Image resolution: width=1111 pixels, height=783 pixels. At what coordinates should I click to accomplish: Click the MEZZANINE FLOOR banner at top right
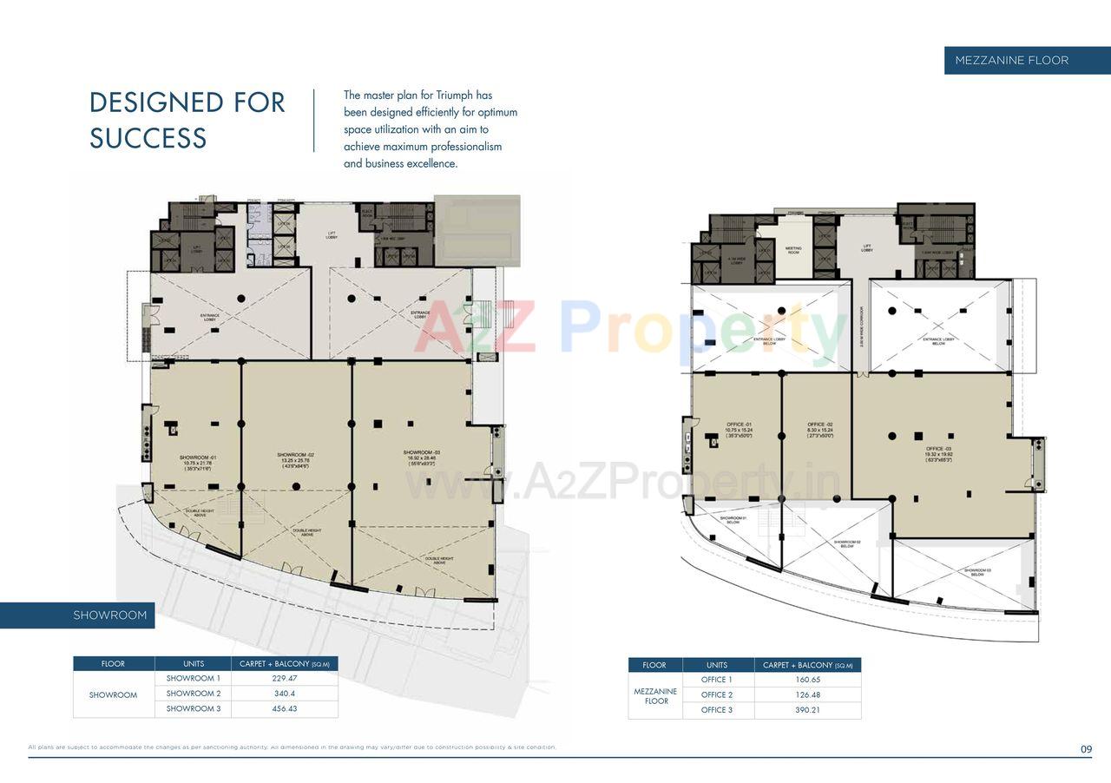point(1011,60)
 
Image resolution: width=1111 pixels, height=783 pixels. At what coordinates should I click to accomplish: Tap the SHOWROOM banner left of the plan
point(110,615)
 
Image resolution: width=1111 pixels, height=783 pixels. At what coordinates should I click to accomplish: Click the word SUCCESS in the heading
point(148,138)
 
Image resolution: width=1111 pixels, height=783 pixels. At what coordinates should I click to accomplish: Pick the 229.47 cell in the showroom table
point(284,679)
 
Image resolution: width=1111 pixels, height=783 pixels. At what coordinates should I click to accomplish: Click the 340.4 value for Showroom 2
point(284,694)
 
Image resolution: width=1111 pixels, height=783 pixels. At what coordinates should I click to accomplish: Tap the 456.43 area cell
point(284,709)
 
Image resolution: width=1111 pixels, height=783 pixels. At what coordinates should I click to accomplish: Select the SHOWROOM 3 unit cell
point(194,709)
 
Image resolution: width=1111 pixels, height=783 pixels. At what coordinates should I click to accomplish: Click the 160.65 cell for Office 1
point(807,680)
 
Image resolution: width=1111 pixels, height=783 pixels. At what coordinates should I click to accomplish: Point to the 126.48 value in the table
point(807,695)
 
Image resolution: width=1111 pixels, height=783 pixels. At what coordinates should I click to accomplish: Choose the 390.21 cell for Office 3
point(807,710)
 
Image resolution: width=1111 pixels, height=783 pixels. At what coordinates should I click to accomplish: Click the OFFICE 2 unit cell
point(717,695)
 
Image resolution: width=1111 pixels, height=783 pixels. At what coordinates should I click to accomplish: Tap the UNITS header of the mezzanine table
point(717,665)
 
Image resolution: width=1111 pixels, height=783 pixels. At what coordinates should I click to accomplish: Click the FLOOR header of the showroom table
point(114,664)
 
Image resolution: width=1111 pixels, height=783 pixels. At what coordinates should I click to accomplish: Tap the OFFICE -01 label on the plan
point(740,424)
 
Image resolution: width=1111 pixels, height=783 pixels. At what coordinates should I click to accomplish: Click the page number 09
point(1086,749)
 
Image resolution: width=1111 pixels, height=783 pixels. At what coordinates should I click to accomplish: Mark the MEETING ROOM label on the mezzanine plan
point(793,250)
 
